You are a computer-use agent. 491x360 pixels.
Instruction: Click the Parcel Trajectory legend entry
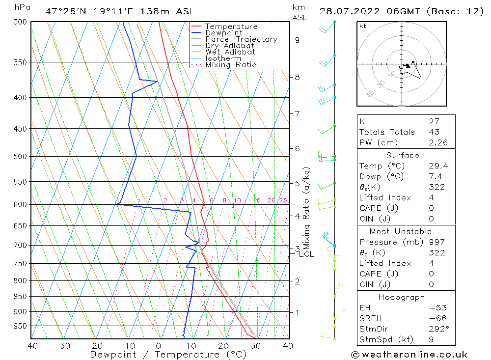pos(241,39)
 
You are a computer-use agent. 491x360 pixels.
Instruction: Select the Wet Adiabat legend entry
pos(230,52)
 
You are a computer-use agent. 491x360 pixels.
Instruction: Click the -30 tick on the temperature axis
pos(62,346)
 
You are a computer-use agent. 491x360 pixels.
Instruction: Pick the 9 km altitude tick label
pos(297,40)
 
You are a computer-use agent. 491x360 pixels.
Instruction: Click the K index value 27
pos(434,121)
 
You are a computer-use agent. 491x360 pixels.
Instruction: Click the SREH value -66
pos(436,318)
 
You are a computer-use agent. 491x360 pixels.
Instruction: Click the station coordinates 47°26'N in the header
pos(64,11)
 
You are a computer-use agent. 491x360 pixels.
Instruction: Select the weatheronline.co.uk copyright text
pos(409,355)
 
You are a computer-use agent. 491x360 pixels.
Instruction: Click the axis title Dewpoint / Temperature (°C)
pos(168,355)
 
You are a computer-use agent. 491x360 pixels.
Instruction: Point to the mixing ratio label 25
pos(283,200)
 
